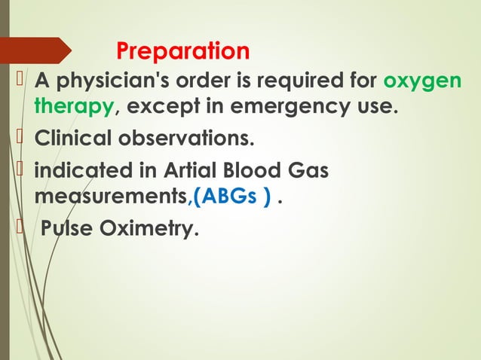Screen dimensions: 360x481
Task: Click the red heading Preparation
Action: click(x=182, y=51)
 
